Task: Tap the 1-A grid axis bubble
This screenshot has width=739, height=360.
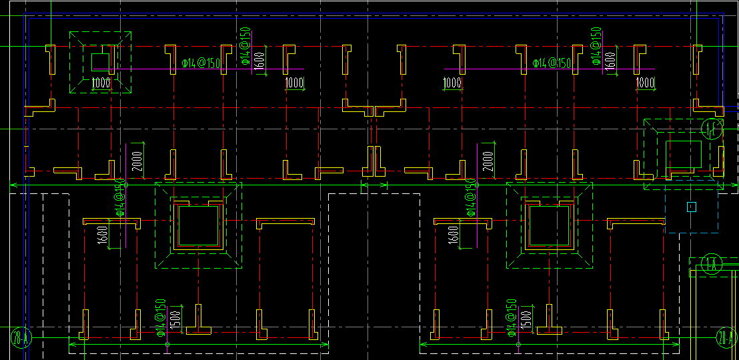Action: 712,263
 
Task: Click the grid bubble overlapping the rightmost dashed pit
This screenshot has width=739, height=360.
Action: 713,129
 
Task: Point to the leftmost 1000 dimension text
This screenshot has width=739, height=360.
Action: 101,83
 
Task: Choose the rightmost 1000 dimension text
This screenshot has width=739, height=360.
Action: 645,83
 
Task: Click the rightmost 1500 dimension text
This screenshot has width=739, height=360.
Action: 526,319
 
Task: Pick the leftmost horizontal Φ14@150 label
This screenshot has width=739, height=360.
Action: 201,63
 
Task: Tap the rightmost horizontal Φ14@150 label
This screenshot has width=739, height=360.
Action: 552,63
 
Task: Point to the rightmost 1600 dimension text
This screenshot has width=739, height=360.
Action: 610,60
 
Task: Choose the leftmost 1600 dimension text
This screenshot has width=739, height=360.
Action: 103,235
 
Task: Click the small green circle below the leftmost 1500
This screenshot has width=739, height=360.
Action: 167,344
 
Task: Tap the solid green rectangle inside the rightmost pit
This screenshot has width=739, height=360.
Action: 684,155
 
